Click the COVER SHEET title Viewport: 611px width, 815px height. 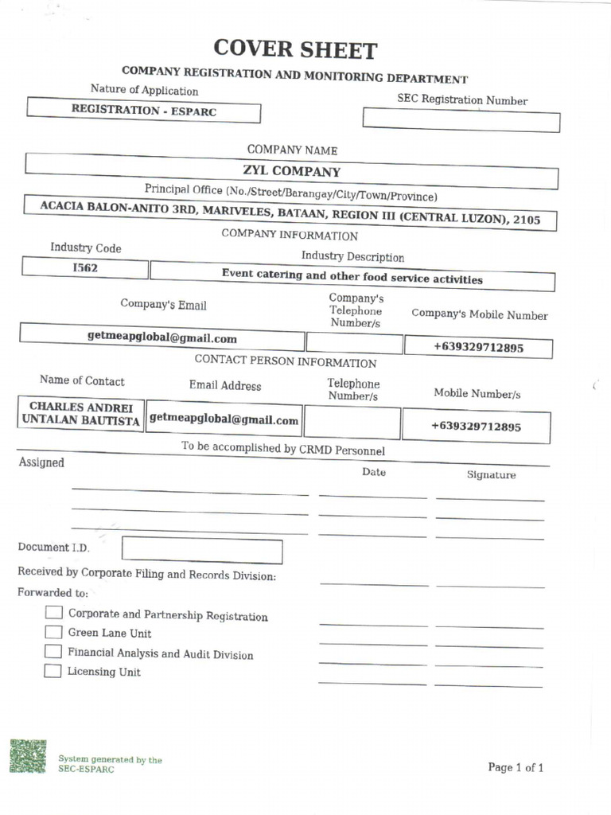(294, 50)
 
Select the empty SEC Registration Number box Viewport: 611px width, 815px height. (461, 120)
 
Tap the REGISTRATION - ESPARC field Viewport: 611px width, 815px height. (144, 111)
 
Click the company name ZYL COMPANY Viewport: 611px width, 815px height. (291, 171)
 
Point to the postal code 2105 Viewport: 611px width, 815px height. (527, 219)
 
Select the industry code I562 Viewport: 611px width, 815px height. (85, 268)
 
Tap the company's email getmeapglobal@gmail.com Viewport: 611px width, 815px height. (162, 337)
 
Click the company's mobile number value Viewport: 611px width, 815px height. (478, 348)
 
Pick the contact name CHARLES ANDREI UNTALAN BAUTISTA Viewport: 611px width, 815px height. (81, 413)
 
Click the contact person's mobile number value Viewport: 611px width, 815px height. (476, 427)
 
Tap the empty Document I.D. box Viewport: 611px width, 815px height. (202, 551)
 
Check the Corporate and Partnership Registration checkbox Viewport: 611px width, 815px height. (53, 613)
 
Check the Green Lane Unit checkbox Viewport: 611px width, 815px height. (53, 632)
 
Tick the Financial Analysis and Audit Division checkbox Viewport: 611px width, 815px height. (53, 651)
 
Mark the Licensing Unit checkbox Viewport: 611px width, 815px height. (53, 670)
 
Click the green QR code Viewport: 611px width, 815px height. (28, 756)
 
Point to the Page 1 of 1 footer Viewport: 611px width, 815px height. (516, 768)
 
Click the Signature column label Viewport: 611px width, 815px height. (491, 475)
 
